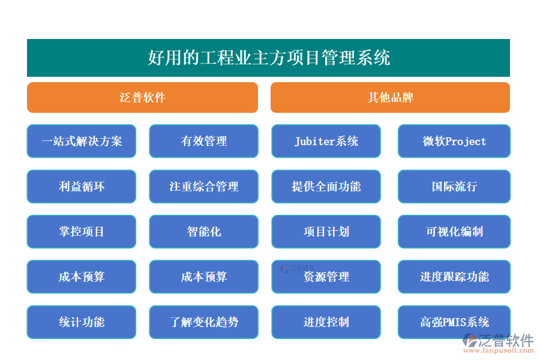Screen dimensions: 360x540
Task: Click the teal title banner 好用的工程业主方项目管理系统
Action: point(268,58)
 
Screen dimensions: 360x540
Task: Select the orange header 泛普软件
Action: point(142,97)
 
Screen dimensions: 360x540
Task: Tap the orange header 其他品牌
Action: point(390,97)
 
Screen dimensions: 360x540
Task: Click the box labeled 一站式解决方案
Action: point(82,141)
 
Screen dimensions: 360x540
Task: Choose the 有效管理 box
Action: point(203,141)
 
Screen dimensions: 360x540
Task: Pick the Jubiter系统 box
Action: point(326,141)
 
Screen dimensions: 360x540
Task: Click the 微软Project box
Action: point(454,141)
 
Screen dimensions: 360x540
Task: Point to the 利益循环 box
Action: point(82,187)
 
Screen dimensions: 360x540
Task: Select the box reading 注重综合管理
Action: point(203,187)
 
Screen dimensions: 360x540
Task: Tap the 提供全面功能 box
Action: point(326,187)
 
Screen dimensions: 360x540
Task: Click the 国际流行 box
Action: point(454,187)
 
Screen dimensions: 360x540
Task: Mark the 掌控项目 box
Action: point(82,232)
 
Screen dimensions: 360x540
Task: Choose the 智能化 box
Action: point(203,232)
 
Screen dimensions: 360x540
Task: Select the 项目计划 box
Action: point(326,232)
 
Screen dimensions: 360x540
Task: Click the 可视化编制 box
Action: point(454,232)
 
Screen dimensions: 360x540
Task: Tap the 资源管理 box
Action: point(326,277)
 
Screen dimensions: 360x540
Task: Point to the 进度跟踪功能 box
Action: point(454,277)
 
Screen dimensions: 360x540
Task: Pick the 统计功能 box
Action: point(82,322)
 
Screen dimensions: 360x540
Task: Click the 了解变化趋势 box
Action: point(203,322)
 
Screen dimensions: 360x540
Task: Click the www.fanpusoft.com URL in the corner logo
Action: point(497,351)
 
